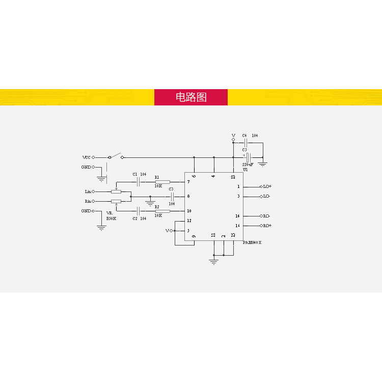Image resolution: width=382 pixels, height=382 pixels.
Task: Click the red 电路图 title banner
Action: coord(191,97)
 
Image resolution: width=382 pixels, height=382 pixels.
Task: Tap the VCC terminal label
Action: coord(86,157)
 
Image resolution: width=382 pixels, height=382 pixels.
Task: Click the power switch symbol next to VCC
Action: coord(116,156)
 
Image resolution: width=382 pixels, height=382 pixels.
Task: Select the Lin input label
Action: coord(87,192)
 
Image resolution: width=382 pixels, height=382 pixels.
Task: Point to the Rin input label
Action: coord(87,201)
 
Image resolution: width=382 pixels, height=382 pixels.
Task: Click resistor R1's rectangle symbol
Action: coord(162,182)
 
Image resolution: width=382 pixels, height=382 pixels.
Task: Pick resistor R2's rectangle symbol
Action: coord(162,211)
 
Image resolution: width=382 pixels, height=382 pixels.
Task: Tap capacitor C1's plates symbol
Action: coord(138,182)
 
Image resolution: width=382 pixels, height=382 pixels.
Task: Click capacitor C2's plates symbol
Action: coord(138,211)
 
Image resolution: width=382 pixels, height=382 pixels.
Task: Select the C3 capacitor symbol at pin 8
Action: coord(172,197)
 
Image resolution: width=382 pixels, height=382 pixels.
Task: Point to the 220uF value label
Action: coord(248,165)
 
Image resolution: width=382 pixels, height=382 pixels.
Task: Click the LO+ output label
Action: coord(267,187)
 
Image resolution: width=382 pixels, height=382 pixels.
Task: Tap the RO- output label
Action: coord(266,216)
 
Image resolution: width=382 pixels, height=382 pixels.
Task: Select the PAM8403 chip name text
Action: coord(252,242)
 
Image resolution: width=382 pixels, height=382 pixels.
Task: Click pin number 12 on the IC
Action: coord(189,221)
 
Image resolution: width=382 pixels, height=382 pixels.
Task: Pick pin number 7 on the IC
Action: coord(188,182)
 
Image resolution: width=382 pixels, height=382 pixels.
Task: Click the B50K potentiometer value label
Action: coord(111,219)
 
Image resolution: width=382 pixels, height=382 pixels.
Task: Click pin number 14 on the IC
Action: coord(237,216)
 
